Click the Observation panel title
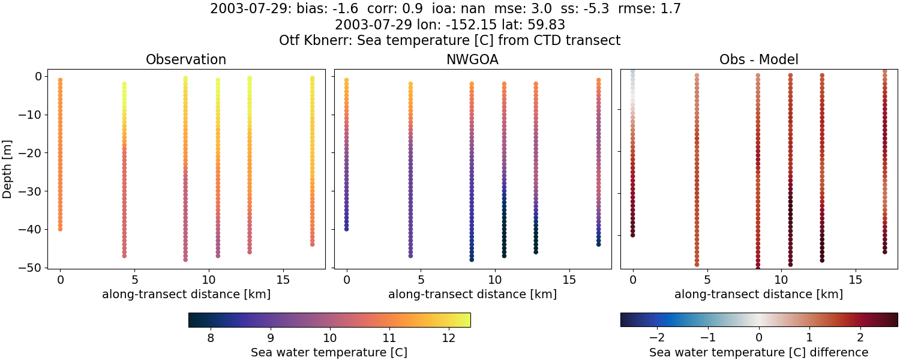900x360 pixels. (186, 60)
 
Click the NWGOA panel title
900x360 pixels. (472, 60)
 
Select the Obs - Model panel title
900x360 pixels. (758, 60)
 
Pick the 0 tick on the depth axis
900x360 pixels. (37, 76)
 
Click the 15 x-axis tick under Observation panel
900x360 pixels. (283, 280)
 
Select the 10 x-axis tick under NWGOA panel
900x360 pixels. (495, 280)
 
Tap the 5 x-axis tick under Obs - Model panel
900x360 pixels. (707, 280)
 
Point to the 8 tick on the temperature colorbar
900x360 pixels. (211, 338)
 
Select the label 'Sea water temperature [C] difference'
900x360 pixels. (758, 353)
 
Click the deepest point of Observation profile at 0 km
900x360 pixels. (60, 229)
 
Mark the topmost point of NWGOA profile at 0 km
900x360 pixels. (346, 80)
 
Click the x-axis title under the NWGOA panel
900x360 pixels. (472, 295)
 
